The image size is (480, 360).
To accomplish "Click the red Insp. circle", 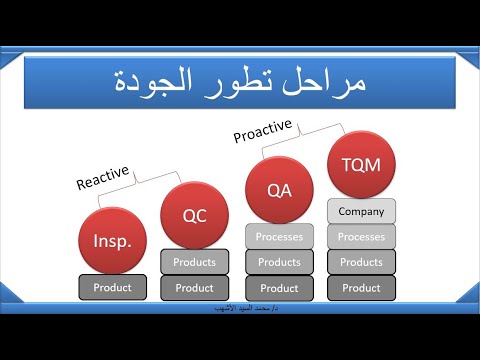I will (112, 241).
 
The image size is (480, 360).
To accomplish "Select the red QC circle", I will (194, 214).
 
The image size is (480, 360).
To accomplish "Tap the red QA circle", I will (279, 188).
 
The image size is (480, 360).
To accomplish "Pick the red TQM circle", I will (361, 163).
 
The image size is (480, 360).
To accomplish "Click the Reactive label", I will (104, 177).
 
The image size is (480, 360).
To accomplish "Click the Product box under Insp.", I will (112, 287).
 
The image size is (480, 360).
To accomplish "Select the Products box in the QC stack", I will (194, 262).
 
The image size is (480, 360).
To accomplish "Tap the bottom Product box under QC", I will (194, 287).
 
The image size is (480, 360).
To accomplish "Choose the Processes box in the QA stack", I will (279, 237).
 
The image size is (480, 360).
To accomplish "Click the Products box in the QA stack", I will (279, 262).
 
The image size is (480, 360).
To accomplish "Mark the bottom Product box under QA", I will (279, 288).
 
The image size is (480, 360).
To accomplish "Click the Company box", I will (361, 211).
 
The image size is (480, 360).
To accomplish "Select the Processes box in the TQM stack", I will (361, 237).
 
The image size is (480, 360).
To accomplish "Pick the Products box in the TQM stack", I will (361, 262).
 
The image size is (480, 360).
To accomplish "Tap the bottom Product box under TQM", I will (361, 288).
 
